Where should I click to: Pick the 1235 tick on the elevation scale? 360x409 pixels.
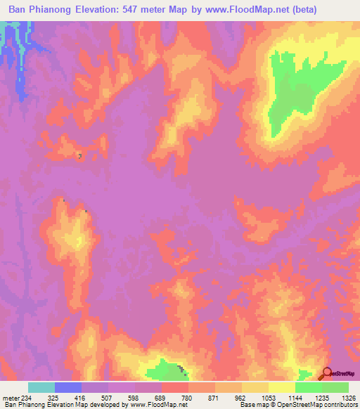321,396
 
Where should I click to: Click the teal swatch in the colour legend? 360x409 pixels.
41,387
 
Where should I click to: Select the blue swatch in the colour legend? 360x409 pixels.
67,387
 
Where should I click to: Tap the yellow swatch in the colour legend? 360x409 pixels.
281,387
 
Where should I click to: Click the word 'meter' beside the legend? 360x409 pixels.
10,396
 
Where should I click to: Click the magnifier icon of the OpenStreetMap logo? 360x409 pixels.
326,374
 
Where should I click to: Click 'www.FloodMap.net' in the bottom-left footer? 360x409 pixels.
159,405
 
